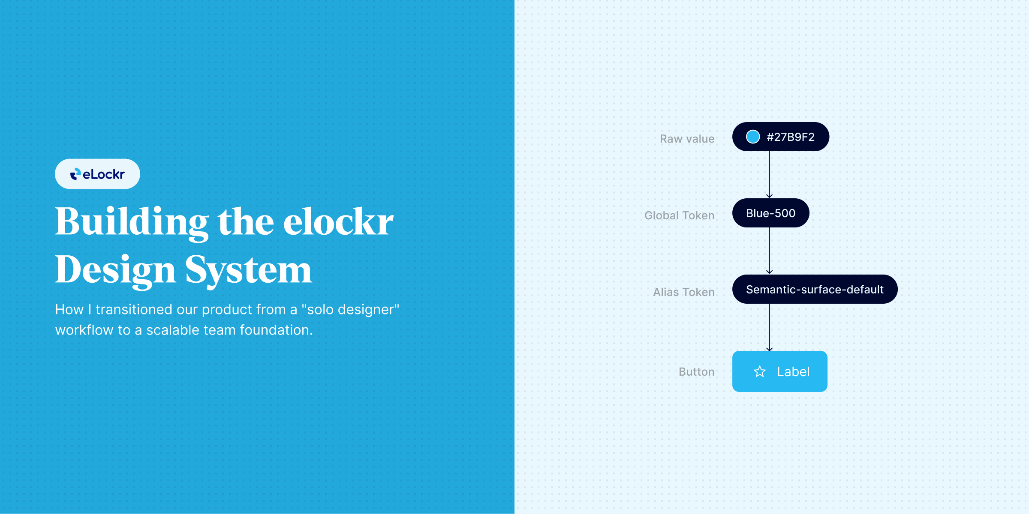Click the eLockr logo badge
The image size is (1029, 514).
tap(97, 174)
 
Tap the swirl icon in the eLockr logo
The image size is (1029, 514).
tap(75, 174)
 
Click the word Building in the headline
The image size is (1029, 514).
tap(132, 223)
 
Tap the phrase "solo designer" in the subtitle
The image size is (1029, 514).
tap(351, 309)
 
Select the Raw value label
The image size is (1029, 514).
tap(687, 139)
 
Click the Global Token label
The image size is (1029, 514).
tap(679, 215)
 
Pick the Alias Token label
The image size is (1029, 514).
tap(683, 292)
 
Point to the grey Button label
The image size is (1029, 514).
tap(696, 372)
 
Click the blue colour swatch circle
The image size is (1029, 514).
tap(753, 137)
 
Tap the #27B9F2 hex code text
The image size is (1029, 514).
tap(791, 137)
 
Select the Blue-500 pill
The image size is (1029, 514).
tap(770, 213)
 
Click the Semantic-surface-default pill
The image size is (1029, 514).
tap(815, 289)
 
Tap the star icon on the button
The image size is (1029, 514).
tap(760, 371)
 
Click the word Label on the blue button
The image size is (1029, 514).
tap(793, 371)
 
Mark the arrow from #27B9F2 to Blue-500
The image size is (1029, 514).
tap(770, 175)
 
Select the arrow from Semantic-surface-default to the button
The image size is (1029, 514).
tap(770, 327)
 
